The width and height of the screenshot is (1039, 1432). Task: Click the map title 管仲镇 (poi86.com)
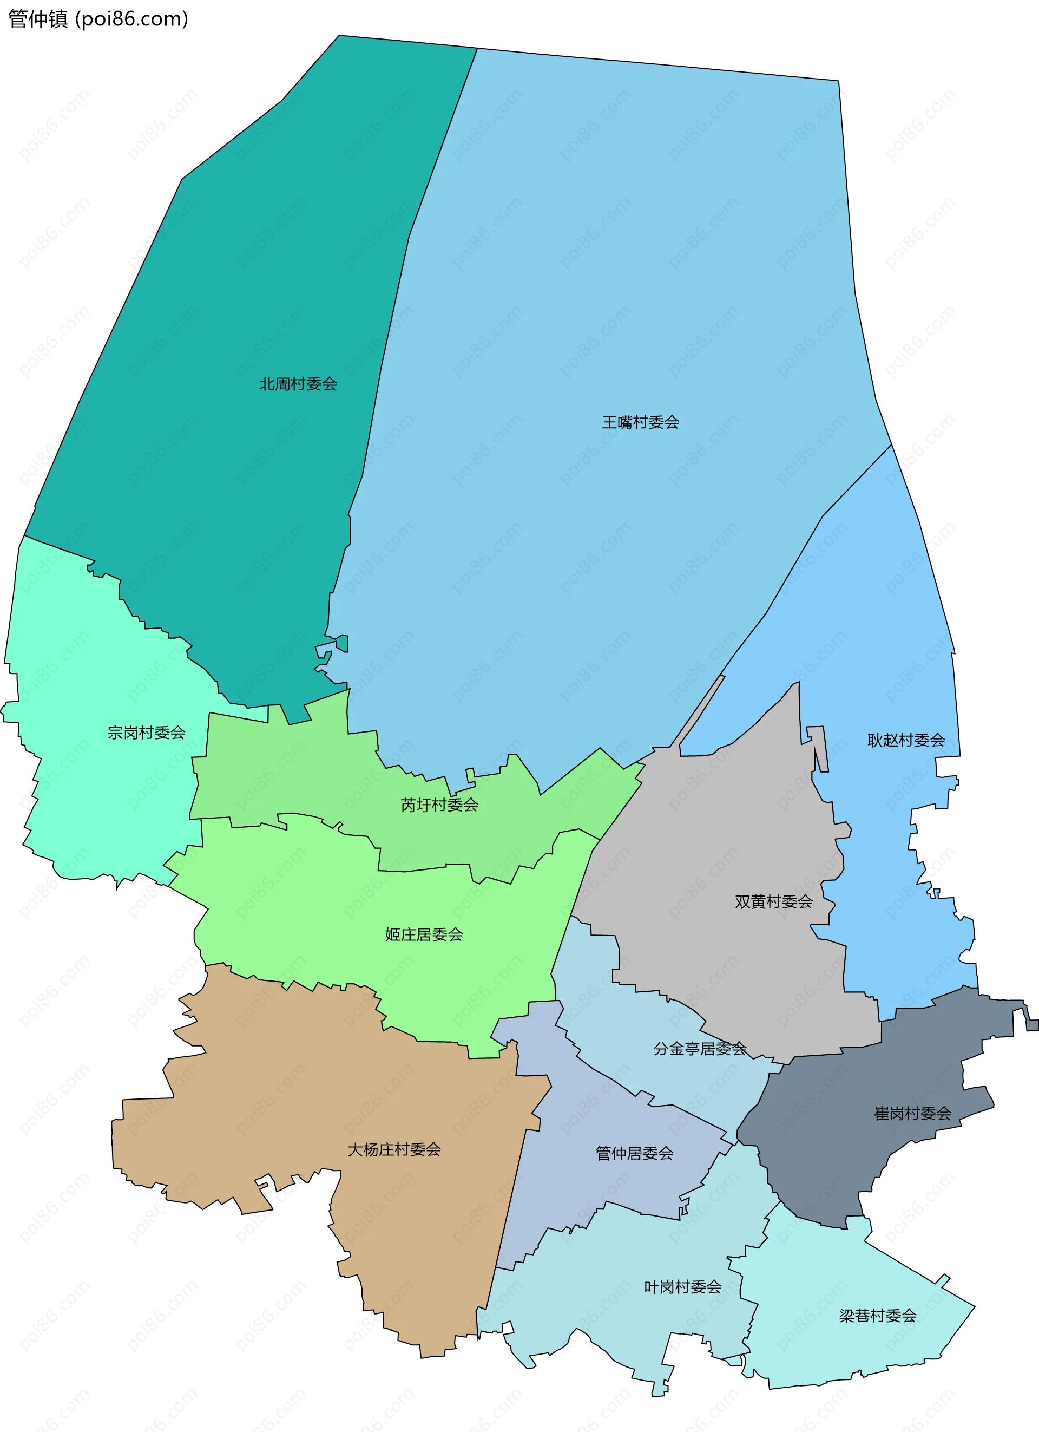(98, 19)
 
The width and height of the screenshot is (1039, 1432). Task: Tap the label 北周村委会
(298, 384)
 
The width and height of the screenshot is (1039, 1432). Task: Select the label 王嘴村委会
(640, 422)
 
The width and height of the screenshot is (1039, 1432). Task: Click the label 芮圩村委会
(439, 805)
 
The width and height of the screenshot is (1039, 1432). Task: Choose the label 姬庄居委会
(424, 934)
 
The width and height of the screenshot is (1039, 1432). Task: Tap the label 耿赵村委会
(906, 740)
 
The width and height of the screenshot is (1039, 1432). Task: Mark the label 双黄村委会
(773, 901)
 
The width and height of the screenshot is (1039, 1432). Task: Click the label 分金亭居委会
(699, 1049)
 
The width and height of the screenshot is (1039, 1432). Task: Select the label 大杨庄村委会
(394, 1150)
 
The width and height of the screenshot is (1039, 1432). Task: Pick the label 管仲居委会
(634, 1154)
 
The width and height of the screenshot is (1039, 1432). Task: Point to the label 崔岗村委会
(912, 1114)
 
